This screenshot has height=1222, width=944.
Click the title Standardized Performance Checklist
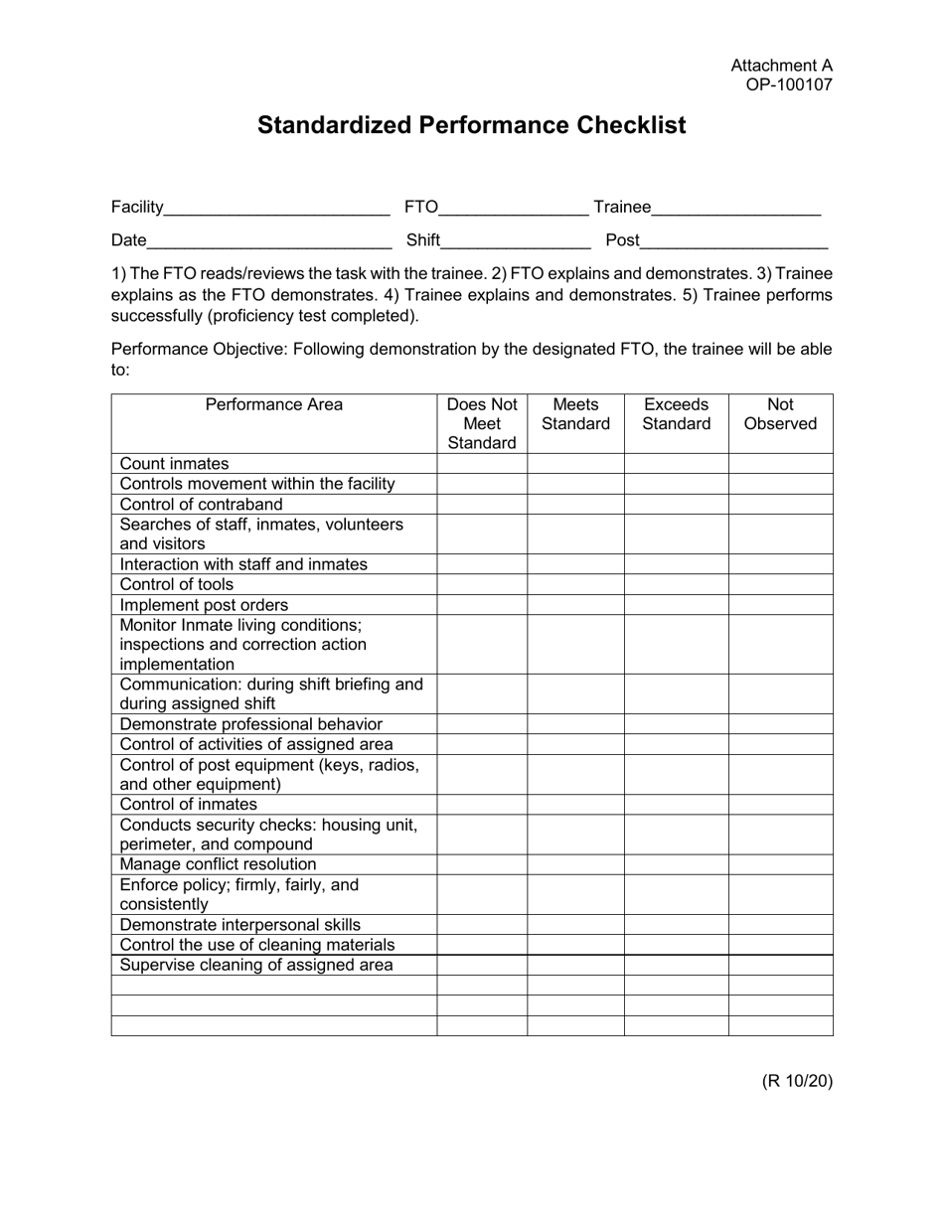coord(471,125)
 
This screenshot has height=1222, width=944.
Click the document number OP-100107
coord(789,84)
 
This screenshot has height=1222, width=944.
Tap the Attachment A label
coord(781,66)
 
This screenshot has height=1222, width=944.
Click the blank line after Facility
coord(277,208)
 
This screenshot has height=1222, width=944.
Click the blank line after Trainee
coord(736,208)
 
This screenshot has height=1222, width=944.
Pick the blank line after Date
coord(269,240)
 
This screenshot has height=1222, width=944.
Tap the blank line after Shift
coord(516,240)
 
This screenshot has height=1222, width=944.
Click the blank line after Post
coord(734,240)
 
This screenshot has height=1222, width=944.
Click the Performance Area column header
coord(273,405)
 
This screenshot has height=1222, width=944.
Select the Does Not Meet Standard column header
coord(482,424)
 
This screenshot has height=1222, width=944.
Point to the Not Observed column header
coord(780,414)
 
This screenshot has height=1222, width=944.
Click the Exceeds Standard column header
coord(676,414)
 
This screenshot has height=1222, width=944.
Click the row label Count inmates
coord(174,464)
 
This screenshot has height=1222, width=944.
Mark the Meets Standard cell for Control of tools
coord(575,585)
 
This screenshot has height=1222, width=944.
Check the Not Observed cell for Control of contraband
coord(780,504)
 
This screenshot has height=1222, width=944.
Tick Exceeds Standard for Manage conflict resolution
coord(676,864)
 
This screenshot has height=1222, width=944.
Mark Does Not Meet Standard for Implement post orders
coord(482,605)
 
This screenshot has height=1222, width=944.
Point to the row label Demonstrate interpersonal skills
coord(240,925)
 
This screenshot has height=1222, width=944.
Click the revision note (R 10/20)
coord(797,1081)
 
